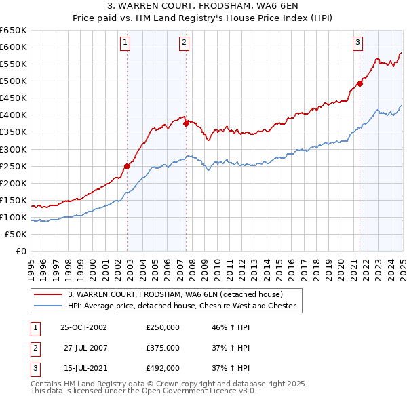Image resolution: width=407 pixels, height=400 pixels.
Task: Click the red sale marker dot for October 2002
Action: [x=127, y=166]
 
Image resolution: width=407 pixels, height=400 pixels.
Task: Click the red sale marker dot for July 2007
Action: [x=186, y=123]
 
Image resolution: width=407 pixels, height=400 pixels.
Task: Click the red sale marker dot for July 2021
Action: [x=360, y=84]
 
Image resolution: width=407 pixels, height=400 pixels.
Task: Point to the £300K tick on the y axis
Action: [x=14, y=149]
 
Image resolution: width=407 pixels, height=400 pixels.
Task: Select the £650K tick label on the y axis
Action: [x=14, y=31]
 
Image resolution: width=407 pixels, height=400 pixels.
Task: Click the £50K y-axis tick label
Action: [x=16, y=234]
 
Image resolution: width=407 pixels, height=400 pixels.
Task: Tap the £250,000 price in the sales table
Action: [x=163, y=327]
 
